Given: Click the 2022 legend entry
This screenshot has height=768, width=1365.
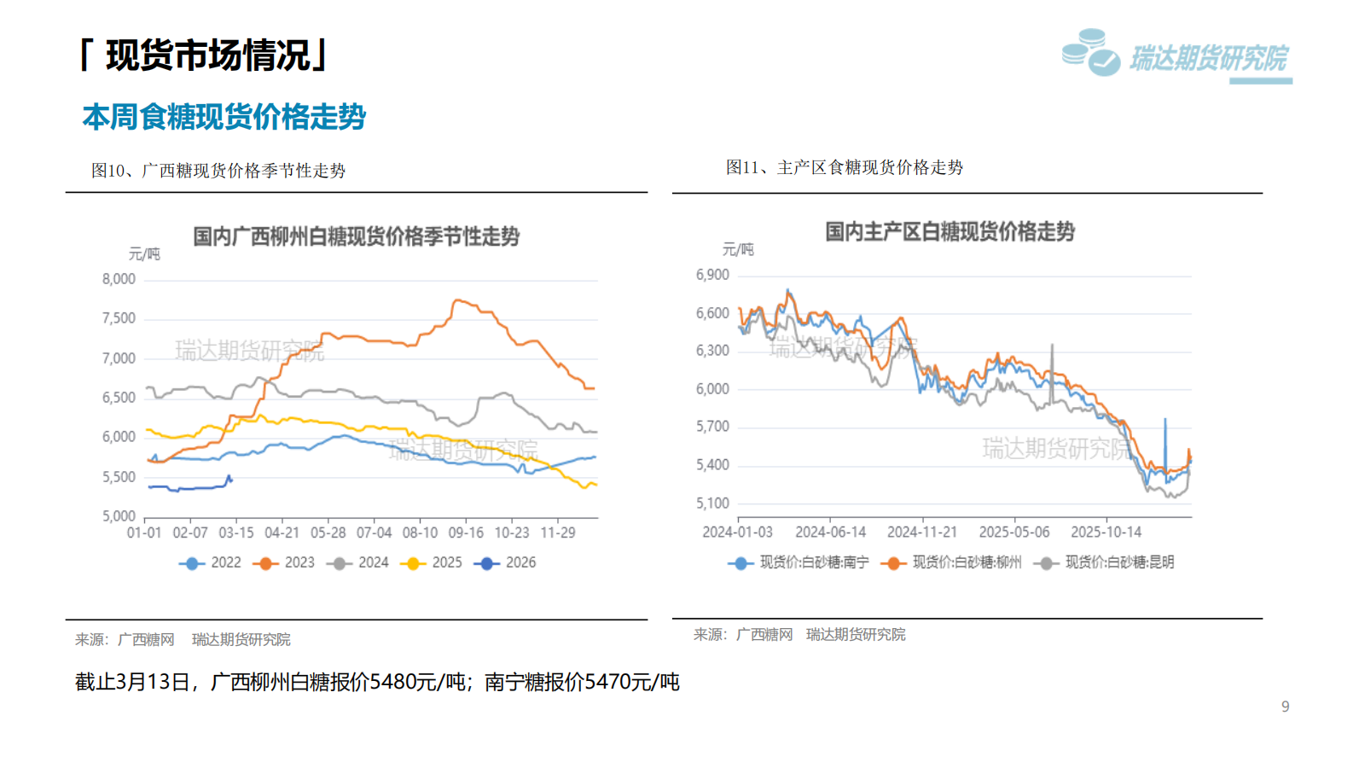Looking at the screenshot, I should (x=211, y=563).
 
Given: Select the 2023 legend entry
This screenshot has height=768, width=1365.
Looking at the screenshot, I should (x=285, y=563).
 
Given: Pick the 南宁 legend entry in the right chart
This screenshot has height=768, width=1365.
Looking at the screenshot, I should (x=799, y=562).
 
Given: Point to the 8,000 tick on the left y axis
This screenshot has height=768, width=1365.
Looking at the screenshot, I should (x=119, y=279).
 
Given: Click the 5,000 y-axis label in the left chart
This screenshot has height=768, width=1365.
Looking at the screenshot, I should (x=119, y=516).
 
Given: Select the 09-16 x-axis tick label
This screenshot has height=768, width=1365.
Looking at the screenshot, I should (x=466, y=532).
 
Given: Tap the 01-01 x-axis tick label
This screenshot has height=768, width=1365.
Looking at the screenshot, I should (x=144, y=532).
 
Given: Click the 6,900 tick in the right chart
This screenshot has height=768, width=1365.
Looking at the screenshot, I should (x=712, y=275).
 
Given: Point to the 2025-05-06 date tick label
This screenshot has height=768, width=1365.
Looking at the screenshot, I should (x=1014, y=532).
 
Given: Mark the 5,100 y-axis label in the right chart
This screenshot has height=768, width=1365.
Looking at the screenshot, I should (x=712, y=503).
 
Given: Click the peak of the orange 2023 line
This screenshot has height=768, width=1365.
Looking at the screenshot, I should (x=457, y=300).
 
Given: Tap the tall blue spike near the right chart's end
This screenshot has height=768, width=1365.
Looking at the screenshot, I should (x=1165, y=420).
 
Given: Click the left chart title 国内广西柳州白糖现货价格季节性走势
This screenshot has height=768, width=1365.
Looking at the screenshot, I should (x=356, y=236).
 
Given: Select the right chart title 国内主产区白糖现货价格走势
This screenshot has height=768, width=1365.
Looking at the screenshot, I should (x=950, y=232).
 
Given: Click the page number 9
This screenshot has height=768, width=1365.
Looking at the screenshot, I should (x=1285, y=707).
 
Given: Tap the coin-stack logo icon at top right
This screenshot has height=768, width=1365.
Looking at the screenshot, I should (x=1090, y=52).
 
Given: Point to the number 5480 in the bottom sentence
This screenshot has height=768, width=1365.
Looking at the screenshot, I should (x=392, y=682).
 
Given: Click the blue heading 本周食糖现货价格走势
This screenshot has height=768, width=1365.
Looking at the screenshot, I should (x=224, y=117).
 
